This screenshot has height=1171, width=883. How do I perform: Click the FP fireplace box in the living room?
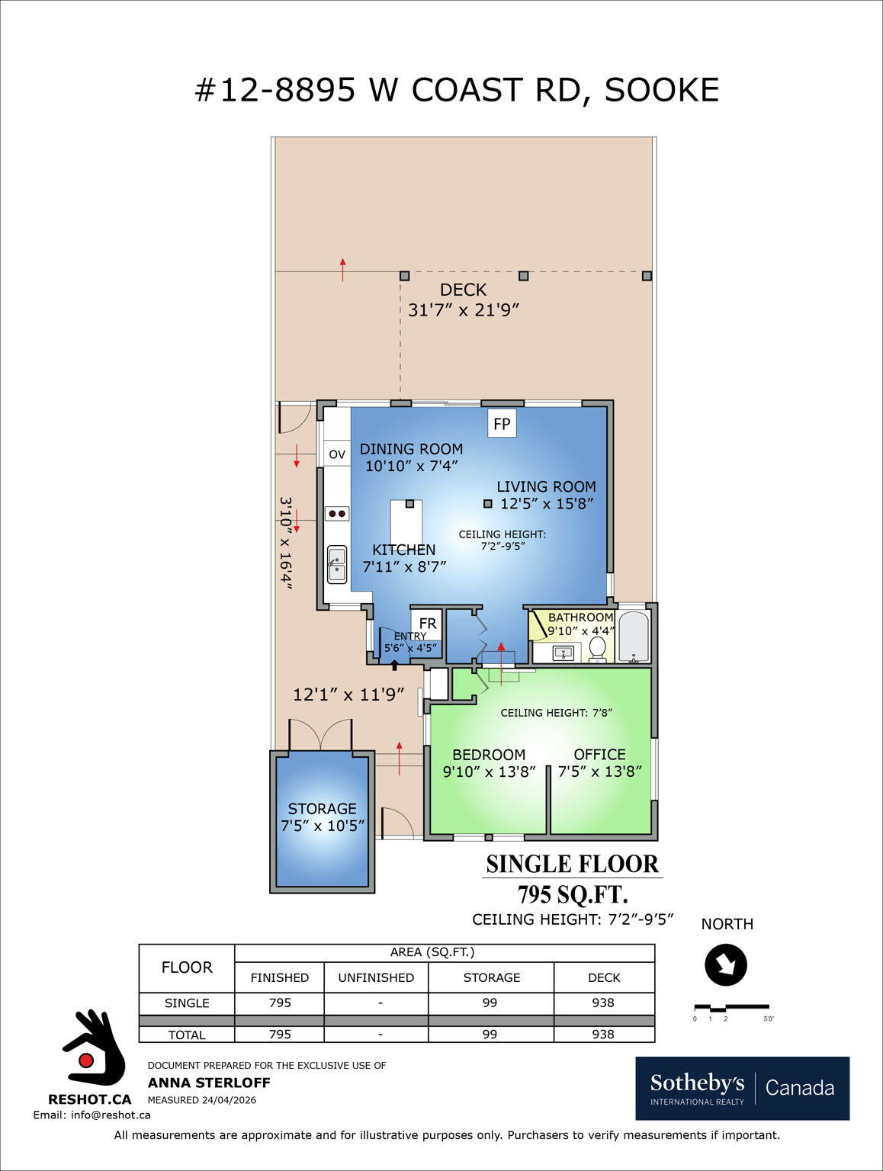pyautogui.click(x=502, y=424)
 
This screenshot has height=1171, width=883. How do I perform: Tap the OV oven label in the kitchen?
pyautogui.click(x=336, y=454)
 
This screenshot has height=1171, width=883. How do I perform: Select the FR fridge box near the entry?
pyautogui.click(x=427, y=623)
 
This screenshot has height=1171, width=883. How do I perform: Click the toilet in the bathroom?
pyautogui.click(x=598, y=650)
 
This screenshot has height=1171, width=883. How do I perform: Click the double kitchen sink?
pyautogui.click(x=336, y=564)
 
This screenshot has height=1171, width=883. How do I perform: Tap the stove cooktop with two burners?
pyautogui.click(x=337, y=513)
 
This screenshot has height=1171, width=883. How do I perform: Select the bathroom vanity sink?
pyautogui.click(x=564, y=653)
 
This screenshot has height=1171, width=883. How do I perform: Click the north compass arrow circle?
pyautogui.click(x=726, y=964)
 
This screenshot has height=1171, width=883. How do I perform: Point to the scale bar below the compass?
pyautogui.click(x=731, y=1008)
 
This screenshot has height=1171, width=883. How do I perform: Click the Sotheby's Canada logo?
pyautogui.click(x=742, y=1088)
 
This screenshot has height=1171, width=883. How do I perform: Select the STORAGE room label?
pyautogui.click(x=322, y=809)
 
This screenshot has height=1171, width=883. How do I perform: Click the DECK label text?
pyautogui.click(x=463, y=290)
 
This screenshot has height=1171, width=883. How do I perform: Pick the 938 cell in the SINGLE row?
pyautogui.click(x=603, y=1003)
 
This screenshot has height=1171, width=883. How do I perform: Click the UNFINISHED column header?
pyautogui.click(x=376, y=977)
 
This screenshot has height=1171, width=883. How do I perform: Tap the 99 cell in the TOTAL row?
pyautogui.click(x=490, y=1035)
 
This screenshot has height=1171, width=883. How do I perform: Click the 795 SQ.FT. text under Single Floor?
pyautogui.click(x=572, y=894)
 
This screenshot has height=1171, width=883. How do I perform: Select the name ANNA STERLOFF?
pyautogui.click(x=209, y=1083)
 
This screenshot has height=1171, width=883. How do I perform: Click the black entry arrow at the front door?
pyautogui.click(x=394, y=666)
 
